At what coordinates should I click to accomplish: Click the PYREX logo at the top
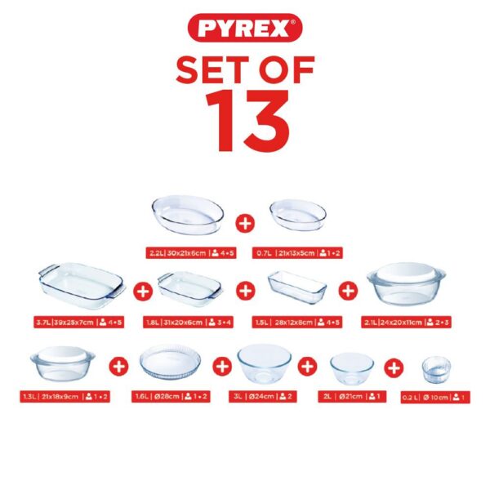pos(245,29)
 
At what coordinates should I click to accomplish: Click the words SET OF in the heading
pos(245,69)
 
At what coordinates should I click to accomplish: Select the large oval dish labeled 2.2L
pos(188,214)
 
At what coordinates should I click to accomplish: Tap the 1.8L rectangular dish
pos(189,286)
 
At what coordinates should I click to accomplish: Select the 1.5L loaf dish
pos(297,286)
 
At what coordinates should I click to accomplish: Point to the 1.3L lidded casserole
pos(62,365)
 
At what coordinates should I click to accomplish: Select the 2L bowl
pos(351,367)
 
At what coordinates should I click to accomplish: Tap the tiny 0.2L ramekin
pos(435,370)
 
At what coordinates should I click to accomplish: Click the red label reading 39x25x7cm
pos(80,323)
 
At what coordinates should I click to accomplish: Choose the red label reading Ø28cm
pos(169,397)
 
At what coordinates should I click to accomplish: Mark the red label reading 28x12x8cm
pos(297,323)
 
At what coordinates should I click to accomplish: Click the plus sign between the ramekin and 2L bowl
pos(394,367)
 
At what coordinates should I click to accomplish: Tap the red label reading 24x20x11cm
pos(406,323)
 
